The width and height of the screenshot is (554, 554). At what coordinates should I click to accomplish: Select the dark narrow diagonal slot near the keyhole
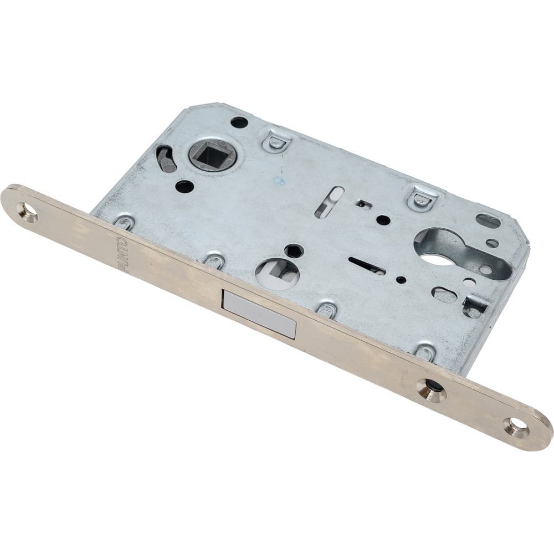[367, 265]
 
